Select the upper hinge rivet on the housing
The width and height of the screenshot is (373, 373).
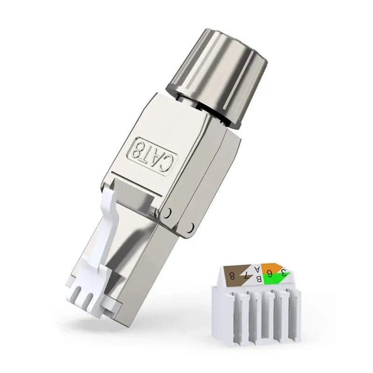pos(167,213)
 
